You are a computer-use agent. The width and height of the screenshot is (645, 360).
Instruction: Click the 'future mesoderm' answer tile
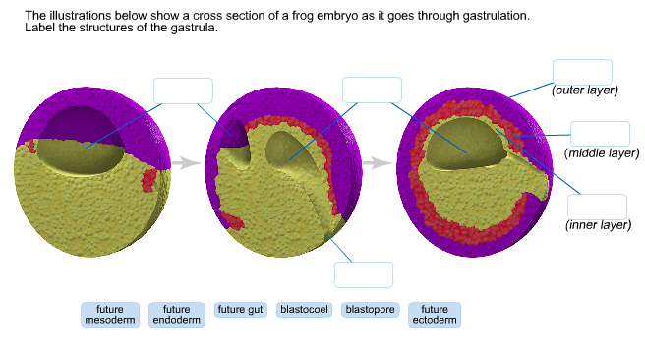pos(110,314)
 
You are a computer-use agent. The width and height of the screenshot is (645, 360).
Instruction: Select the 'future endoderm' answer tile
pos(176,314)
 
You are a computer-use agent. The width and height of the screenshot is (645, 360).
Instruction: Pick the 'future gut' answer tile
pos(241,309)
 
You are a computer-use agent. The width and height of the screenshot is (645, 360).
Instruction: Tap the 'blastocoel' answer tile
pos(305,309)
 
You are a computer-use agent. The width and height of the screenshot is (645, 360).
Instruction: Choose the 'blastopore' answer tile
pos(370,309)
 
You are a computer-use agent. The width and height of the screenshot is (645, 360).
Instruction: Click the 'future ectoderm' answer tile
pos(435,314)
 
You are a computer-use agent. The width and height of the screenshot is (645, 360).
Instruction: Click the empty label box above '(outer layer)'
pos(582,72)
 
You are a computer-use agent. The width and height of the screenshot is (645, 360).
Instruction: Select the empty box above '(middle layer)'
pos(600,134)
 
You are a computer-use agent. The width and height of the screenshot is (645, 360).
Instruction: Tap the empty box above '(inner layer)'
pos(597,207)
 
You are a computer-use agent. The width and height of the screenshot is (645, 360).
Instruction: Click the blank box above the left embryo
pos(183,90)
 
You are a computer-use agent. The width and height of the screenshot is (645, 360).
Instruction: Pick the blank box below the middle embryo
pos(363,274)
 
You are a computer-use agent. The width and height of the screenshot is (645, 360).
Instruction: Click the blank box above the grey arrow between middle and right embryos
pos(372,89)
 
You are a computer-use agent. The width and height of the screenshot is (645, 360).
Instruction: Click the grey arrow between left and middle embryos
pos(187,163)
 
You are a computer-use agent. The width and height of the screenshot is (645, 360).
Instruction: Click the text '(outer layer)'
pos(584,90)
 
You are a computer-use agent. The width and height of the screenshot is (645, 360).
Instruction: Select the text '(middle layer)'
pos(603,153)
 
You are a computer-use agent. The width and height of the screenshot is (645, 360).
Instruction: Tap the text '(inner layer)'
pos(599,225)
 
